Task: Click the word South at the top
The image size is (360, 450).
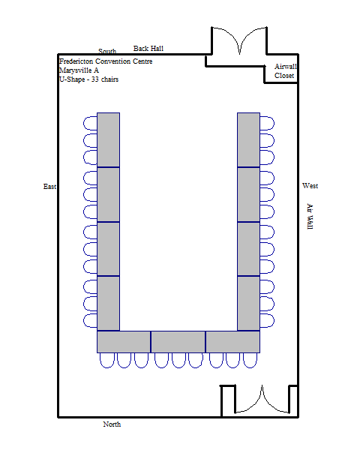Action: point(107,51)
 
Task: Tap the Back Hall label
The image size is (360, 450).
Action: point(148,49)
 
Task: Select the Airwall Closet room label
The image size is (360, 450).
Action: point(285,71)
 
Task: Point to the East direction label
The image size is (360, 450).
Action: point(49,187)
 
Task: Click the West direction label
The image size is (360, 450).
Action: point(310,186)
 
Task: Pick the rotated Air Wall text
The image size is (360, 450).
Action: point(310,217)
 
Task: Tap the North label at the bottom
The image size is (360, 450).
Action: point(112,424)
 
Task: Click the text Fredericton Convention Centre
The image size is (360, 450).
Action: point(106,61)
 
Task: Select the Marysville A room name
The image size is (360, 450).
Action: point(79,70)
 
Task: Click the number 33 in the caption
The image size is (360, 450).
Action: point(95,79)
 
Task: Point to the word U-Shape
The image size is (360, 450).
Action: point(72,79)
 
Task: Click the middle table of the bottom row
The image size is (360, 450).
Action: point(178,342)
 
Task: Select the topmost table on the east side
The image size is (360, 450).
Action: point(108,139)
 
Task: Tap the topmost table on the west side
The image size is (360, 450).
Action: point(248,139)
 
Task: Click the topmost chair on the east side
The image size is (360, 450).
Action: point(90,124)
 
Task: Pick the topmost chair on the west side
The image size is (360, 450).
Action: point(267,124)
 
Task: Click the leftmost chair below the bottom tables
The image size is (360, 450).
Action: point(107,361)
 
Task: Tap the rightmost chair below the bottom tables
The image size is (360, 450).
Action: point(250,361)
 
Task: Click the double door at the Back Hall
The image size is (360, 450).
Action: point(239,40)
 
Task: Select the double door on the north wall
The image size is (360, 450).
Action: point(262,400)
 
